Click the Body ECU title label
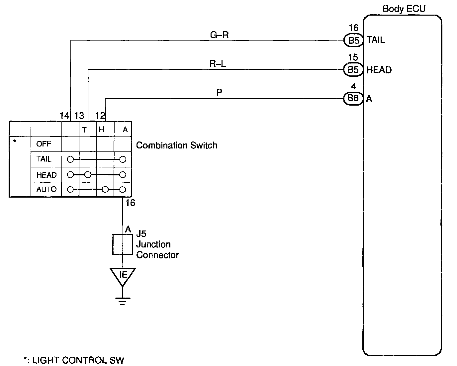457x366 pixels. [404, 9]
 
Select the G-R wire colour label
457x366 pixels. [220, 35]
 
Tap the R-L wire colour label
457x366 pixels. [218, 63]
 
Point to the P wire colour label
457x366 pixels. [219, 93]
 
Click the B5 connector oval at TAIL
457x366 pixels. [353, 41]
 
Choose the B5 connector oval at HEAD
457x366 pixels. [353, 70]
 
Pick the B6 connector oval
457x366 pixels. [353, 99]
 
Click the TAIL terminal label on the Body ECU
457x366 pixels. [376, 40]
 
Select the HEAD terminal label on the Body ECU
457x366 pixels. [379, 70]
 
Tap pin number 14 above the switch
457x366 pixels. [64, 116]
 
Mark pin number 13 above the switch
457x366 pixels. [79, 116]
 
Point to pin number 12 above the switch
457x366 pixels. [100, 116]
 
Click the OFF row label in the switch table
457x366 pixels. [44, 144]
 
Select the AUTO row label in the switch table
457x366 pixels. [46, 189]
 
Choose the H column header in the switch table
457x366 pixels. [102, 130]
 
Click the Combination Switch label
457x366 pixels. [176, 145]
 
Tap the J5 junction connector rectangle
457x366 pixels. [123, 244]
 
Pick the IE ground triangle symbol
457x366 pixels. [123, 276]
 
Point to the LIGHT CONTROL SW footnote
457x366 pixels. [74, 360]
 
